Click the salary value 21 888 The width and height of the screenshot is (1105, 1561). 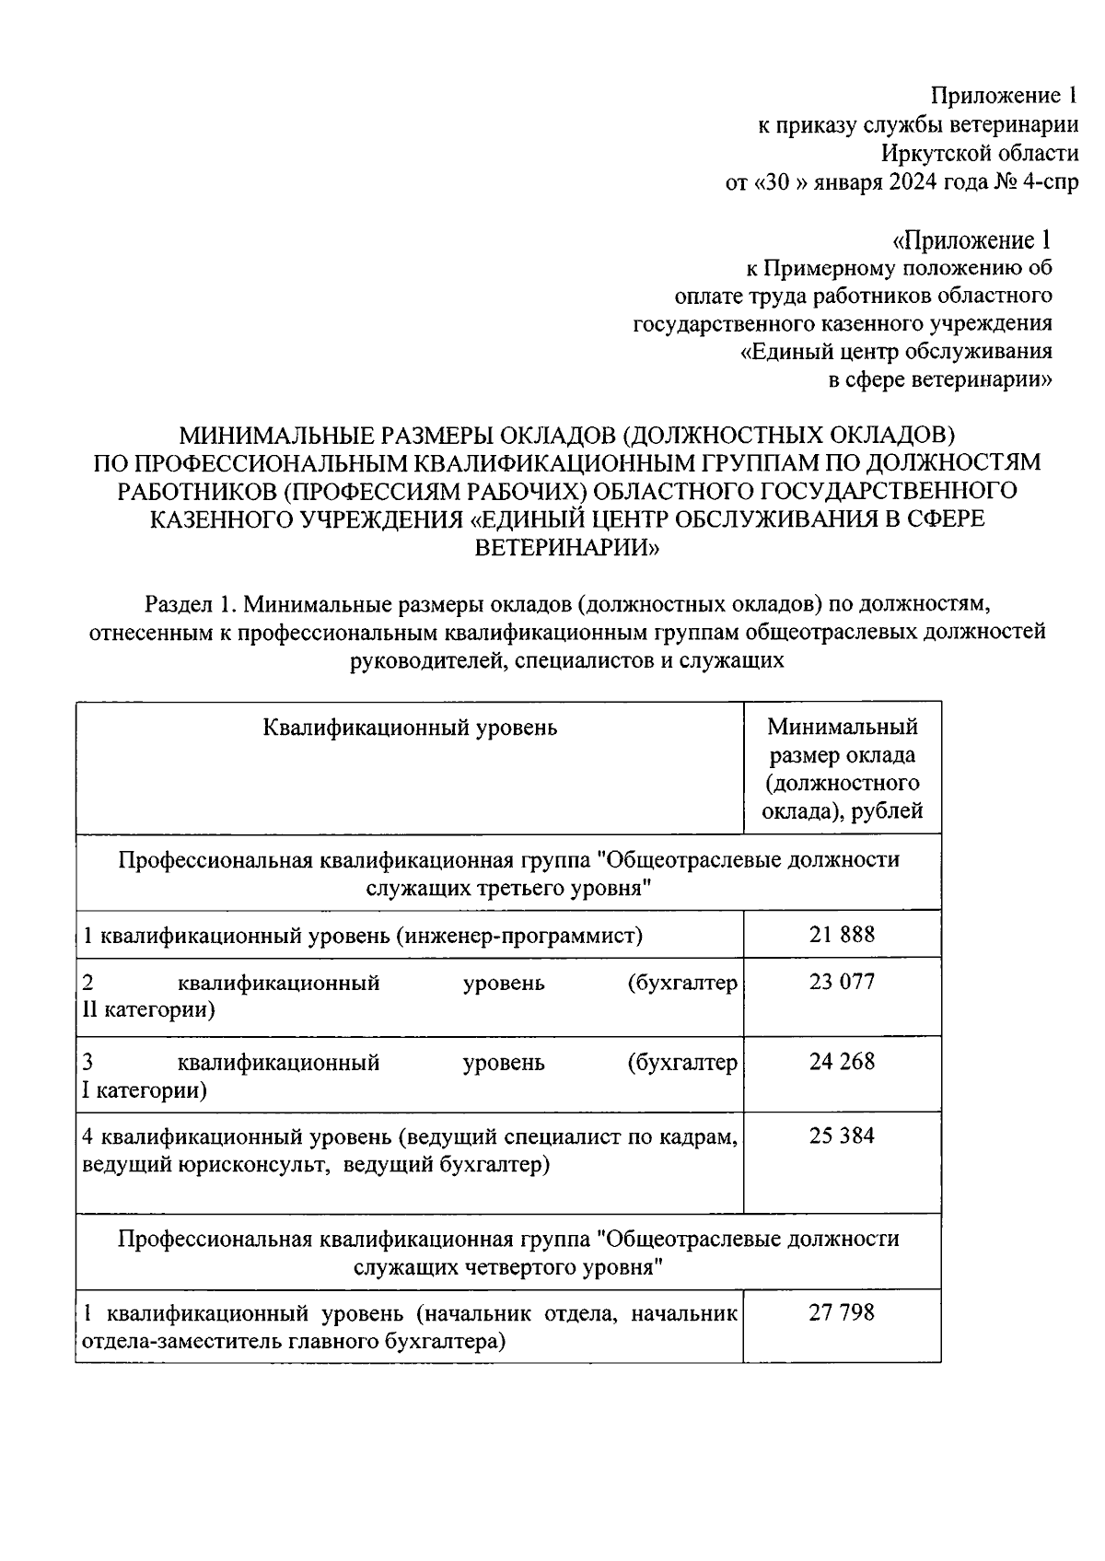click(842, 935)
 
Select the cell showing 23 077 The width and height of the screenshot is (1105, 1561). click(842, 982)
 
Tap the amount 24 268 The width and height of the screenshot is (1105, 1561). click(842, 1062)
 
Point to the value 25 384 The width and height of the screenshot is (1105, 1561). click(842, 1136)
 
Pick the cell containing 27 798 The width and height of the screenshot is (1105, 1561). click(842, 1312)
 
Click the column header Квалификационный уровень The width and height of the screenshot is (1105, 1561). click(410, 728)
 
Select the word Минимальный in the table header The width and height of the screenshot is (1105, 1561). click(843, 727)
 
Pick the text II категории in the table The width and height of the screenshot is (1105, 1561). click(148, 1010)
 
